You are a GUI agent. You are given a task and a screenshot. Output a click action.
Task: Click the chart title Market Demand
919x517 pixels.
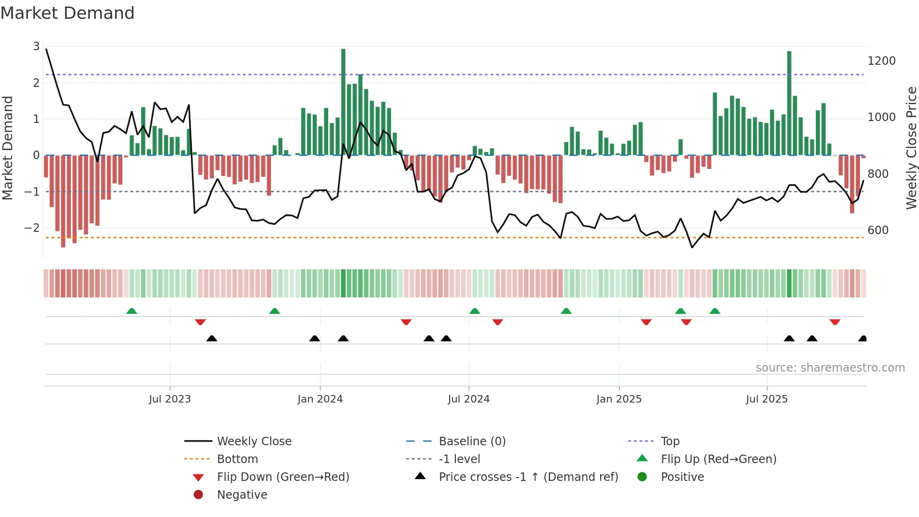[68, 13]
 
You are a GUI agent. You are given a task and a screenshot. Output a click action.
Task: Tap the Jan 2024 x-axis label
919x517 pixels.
[320, 399]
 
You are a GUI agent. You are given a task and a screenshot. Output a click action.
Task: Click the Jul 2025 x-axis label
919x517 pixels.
[767, 399]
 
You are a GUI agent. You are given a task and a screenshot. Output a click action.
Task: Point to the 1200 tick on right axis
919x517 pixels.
[881, 61]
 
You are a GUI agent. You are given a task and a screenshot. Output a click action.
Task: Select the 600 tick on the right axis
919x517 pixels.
[878, 230]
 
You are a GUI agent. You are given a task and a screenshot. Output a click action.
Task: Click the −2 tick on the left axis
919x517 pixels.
[32, 228]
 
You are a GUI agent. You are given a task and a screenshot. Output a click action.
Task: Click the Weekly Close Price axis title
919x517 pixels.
[911, 148]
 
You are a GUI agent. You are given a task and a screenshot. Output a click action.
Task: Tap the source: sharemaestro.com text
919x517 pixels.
[830, 368]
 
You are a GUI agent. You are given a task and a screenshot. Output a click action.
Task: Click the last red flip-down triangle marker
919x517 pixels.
[835, 322]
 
